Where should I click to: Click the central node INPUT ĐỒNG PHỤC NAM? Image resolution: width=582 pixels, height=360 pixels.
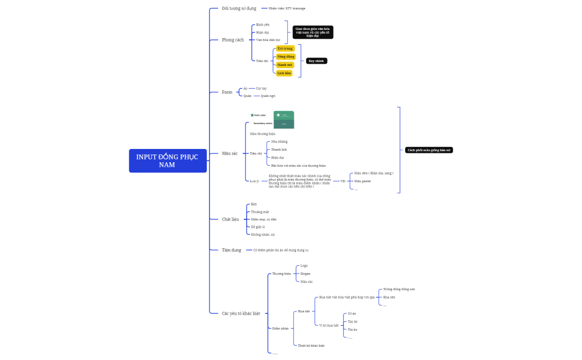(167, 161)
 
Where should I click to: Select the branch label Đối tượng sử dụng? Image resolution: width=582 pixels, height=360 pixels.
(239, 8)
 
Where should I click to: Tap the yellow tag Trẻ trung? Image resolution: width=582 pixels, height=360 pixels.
(285, 48)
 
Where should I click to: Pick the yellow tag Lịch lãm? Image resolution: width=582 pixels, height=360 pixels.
(284, 73)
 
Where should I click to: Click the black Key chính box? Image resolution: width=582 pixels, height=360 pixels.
(316, 61)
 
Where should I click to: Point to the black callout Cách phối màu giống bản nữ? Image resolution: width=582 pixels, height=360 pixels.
(429, 150)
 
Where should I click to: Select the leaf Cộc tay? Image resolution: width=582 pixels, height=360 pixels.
(261, 88)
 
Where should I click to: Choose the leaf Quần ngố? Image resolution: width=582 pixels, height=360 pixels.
(268, 96)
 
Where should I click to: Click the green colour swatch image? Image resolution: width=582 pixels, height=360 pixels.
(284, 120)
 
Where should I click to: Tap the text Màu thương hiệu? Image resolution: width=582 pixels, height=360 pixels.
(262, 133)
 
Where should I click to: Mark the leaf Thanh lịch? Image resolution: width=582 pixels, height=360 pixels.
(279, 150)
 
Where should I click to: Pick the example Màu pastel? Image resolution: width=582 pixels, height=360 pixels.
(363, 181)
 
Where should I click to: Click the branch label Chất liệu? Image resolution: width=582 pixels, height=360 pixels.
(230, 219)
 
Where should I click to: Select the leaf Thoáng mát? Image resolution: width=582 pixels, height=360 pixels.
(260, 212)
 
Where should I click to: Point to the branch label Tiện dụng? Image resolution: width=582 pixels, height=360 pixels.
(232, 250)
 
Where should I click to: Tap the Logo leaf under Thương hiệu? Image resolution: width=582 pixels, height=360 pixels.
(304, 266)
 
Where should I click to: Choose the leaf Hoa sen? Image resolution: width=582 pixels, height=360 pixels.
(389, 297)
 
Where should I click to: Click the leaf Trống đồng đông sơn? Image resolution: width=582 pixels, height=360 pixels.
(399, 289)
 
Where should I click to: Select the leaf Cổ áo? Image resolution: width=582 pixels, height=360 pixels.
(352, 313)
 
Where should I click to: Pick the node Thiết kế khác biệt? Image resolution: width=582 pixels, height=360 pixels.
(311, 345)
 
